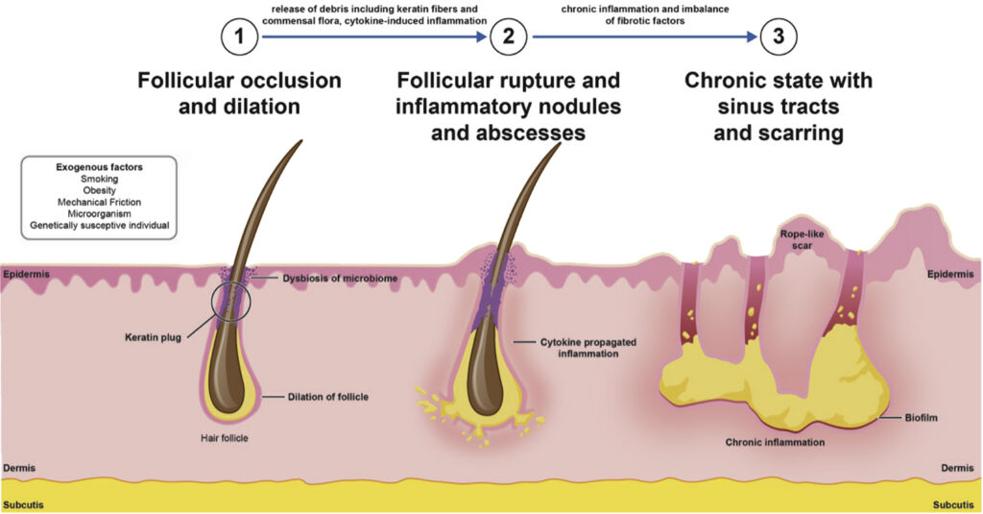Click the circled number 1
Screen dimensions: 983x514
239,37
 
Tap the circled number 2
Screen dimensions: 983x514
509,37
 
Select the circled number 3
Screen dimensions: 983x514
779,37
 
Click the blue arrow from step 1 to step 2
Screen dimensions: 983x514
374,37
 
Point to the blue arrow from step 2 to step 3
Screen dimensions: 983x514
644,37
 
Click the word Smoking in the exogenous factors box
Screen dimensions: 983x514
99,179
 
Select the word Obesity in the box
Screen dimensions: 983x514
99,190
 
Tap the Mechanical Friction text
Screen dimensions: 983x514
99,202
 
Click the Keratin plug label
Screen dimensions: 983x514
153,337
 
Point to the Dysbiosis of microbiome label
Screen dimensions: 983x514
340,278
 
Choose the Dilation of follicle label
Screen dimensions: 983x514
328,397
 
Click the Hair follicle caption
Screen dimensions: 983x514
225,438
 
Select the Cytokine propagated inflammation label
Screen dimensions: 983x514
588,348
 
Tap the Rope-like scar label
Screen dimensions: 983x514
802,240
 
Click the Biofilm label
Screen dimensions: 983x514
921,417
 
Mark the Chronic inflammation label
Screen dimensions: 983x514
775,443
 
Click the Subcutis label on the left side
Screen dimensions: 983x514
23,504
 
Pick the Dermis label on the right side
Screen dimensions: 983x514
957,468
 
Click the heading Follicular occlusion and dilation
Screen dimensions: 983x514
239,93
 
